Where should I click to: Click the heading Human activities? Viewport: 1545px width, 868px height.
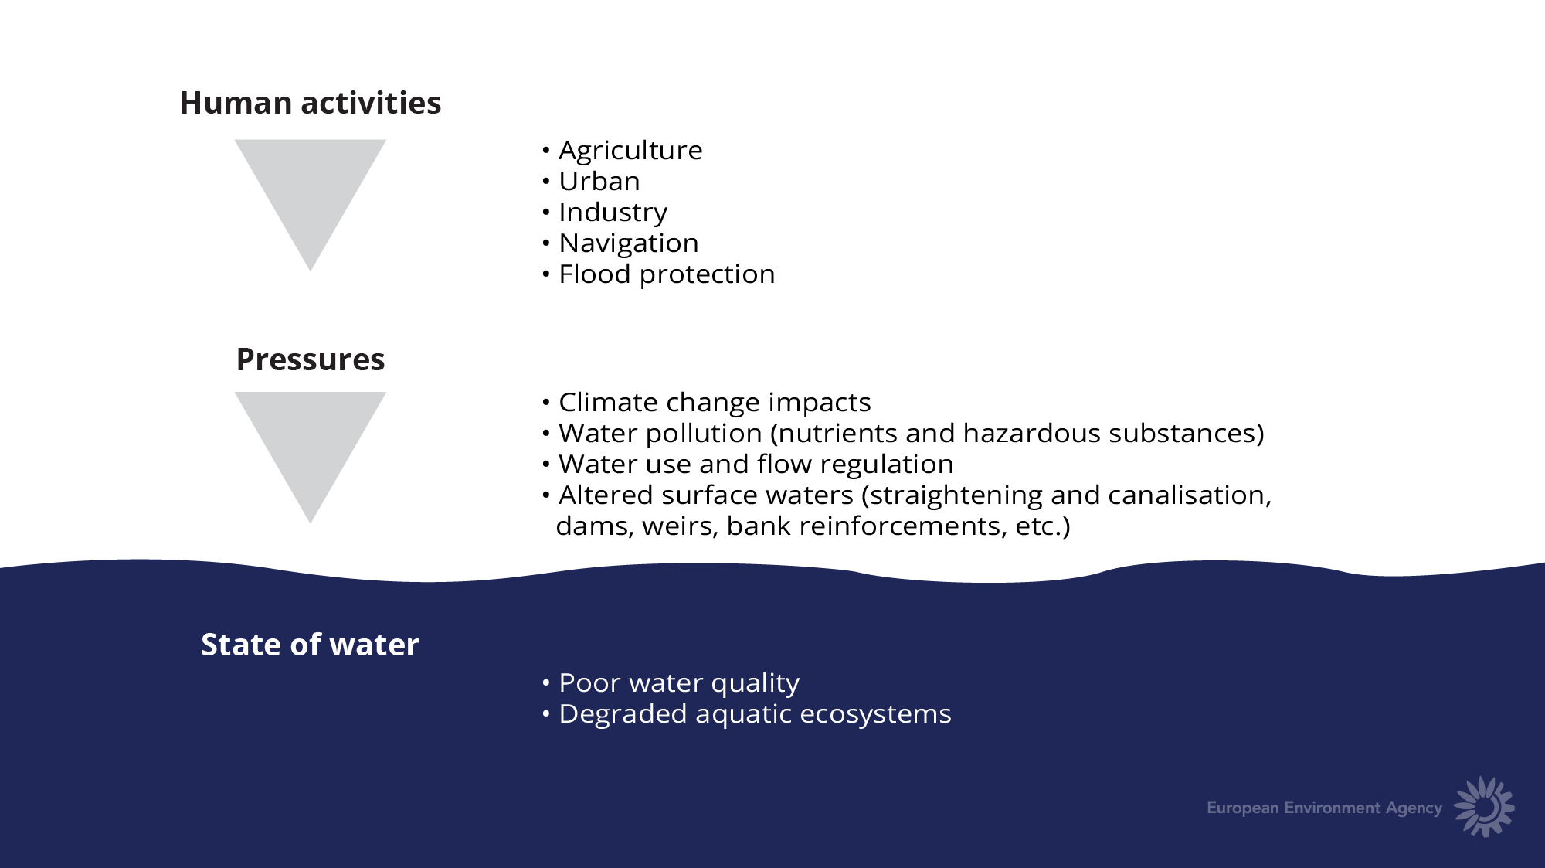pos(311,103)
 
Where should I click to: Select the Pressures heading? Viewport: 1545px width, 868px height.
pos(311,359)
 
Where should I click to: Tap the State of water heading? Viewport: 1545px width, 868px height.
pos(310,645)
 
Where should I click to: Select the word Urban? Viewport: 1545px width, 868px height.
pos(599,181)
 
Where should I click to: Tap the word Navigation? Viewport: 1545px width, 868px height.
pos(629,243)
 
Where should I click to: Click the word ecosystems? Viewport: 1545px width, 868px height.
pos(875,714)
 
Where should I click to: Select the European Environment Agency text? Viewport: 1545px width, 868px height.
pos(1325,808)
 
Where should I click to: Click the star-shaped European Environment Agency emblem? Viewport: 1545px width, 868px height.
pos(1484,807)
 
